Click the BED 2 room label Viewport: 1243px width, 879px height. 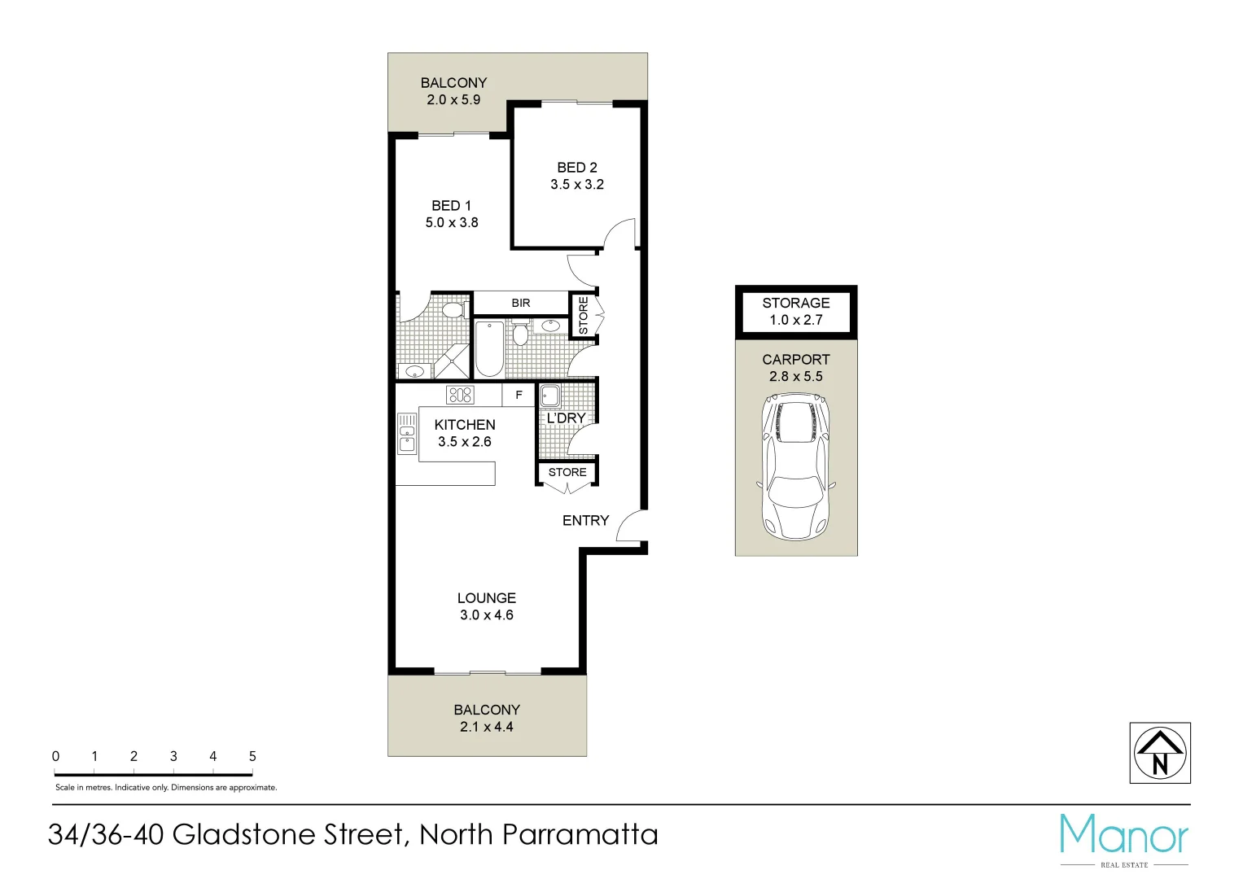pyautogui.click(x=576, y=168)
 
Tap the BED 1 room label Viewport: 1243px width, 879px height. pyautogui.click(x=451, y=206)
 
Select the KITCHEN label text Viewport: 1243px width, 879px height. pyautogui.click(x=464, y=425)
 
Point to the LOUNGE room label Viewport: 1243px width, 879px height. pyautogui.click(x=486, y=598)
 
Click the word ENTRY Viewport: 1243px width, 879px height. pyautogui.click(x=585, y=521)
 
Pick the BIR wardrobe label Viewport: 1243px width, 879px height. pyautogui.click(x=521, y=303)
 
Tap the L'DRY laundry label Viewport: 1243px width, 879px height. pyautogui.click(x=566, y=418)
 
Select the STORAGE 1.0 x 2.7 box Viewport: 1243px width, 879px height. pyautogui.click(x=795, y=311)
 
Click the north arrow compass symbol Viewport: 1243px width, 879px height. pyautogui.click(x=1160, y=753)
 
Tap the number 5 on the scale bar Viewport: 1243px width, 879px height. pyautogui.click(x=252, y=757)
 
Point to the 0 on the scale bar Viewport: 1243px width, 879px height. pyautogui.click(x=55, y=757)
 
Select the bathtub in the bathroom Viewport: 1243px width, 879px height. pyautogui.click(x=488, y=348)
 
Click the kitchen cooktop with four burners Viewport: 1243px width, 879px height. pyautogui.click(x=460, y=396)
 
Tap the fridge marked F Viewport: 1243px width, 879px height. pyautogui.click(x=519, y=396)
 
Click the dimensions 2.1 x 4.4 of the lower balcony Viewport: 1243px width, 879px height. pyautogui.click(x=486, y=728)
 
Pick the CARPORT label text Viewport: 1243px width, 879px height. pyautogui.click(x=795, y=360)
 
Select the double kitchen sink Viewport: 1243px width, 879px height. pyautogui.click(x=406, y=433)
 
